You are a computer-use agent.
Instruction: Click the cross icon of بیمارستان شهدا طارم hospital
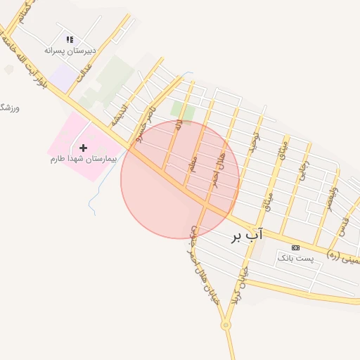pos(84,148)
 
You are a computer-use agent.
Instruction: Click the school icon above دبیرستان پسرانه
pos(69,40)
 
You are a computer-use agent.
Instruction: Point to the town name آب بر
pos(246,236)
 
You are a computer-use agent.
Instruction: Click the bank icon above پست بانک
pos(295,247)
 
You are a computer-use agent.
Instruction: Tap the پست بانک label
pos(295,259)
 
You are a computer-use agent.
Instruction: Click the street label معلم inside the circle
pos(193,165)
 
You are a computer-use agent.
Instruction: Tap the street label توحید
pos(256,143)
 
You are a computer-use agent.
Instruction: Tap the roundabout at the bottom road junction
pos(226,325)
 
